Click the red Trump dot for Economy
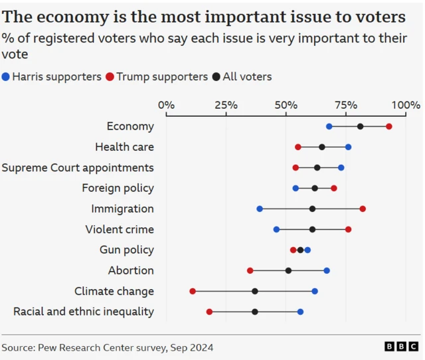click(x=389, y=126)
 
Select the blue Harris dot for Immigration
click(x=260, y=209)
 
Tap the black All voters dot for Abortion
click(x=288, y=270)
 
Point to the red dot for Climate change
click(x=193, y=291)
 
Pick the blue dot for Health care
click(x=348, y=147)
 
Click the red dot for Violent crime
click(x=348, y=229)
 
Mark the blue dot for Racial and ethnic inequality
click(x=300, y=312)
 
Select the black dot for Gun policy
click(x=300, y=250)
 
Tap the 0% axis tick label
click(x=166, y=105)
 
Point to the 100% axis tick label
click(x=406, y=105)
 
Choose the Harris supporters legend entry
click(x=51, y=76)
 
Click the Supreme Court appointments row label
click(x=78, y=167)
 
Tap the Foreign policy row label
click(x=118, y=188)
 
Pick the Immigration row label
click(x=122, y=209)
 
